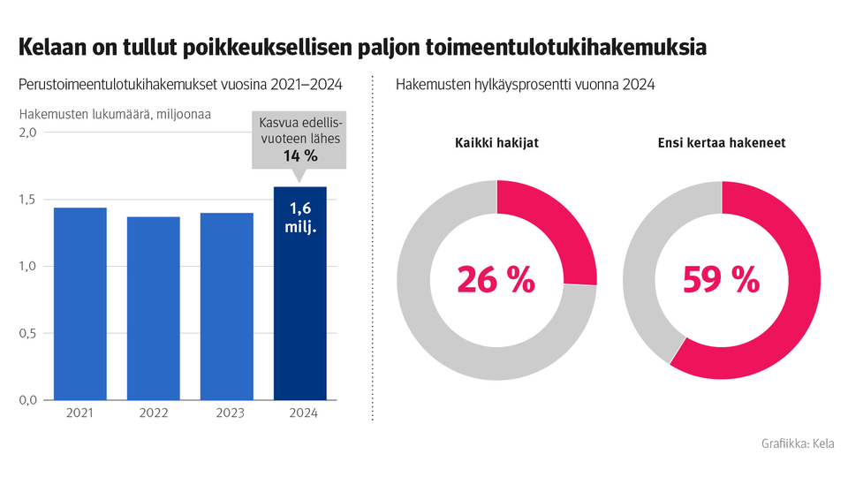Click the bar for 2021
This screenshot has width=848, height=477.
tap(80, 304)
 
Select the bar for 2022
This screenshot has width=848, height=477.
tap(154, 308)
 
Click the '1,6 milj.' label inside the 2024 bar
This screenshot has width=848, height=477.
tap(300, 218)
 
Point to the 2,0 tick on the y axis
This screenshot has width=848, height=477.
tap(27, 132)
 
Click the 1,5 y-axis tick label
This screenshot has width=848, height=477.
tap(27, 200)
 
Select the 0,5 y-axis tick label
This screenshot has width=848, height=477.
tap(27, 334)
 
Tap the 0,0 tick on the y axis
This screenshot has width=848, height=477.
tap(27, 400)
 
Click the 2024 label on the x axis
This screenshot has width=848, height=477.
tap(300, 413)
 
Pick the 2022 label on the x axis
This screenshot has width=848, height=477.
tap(154, 413)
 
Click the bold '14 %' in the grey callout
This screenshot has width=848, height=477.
tap(300, 156)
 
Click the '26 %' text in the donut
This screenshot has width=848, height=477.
tap(496, 280)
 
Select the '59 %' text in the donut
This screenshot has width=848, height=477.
tap(722, 280)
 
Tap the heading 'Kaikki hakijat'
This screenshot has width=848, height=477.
tap(496, 143)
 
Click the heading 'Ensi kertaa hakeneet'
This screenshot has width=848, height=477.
tap(722, 143)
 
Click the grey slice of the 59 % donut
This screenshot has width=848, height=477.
tap(645, 265)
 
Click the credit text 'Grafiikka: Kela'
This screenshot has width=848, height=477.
tap(797, 444)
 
